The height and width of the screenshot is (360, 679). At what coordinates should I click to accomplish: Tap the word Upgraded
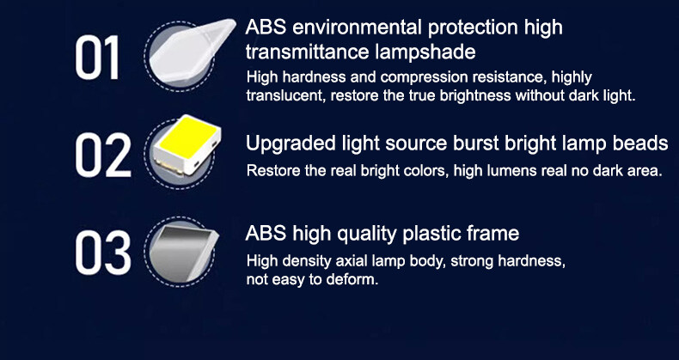(x=286, y=143)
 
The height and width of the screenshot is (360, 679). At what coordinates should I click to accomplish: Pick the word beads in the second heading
(x=638, y=143)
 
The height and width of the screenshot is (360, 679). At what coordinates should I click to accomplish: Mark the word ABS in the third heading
(x=265, y=233)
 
